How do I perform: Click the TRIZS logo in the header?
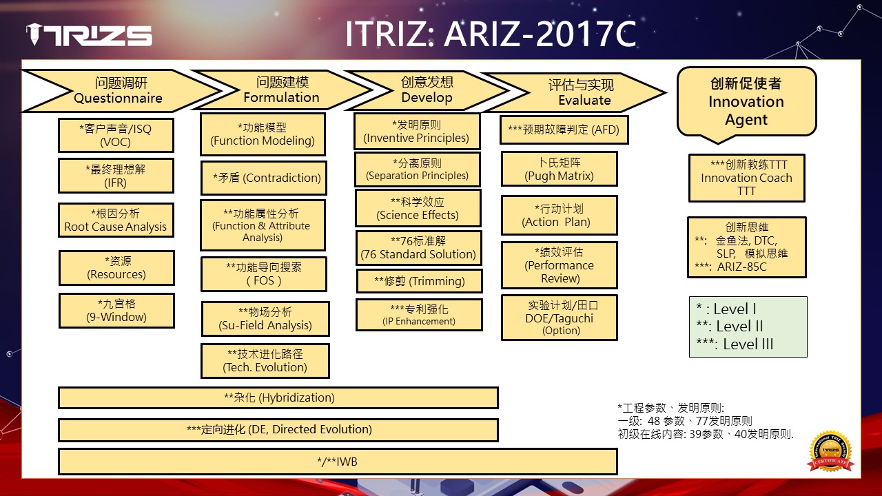(89, 34)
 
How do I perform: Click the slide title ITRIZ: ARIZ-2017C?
(491, 34)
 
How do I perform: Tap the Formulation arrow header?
(281, 90)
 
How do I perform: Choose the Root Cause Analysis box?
(116, 220)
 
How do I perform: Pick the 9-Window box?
(116, 311)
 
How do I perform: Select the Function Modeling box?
(263, 134)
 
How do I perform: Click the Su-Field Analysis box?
(265, 319)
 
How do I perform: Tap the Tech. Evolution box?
(265, 361)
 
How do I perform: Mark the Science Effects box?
(418, 208)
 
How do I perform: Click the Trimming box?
(420, 281)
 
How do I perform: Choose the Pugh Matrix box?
(559, 169)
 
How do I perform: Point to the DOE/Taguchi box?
(559, 318)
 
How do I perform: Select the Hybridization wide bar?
(278, 397)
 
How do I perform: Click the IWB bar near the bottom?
(338, 462)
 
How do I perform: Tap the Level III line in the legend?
(735, 344)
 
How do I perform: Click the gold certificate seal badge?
(831, 452)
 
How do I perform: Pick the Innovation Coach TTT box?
(746, 178)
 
